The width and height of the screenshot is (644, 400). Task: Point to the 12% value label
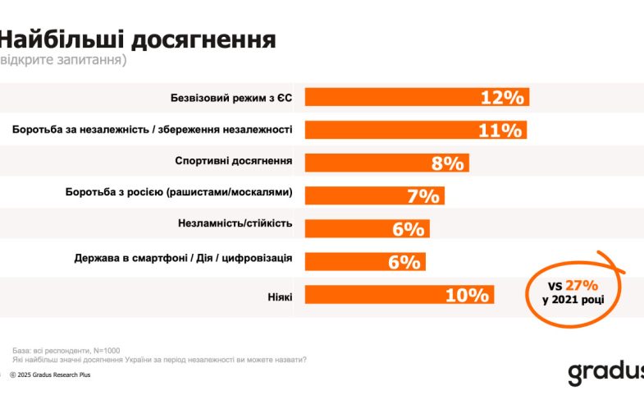pyautogui.click(x=502, y=97)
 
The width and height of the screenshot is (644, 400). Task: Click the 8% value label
pyautogui.click(x=448, y=163)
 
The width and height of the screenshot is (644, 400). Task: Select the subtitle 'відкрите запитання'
pyautogui.click(x=63, y=61)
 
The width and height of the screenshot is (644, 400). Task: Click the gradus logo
pyautogui.click(x=605, y=370)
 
